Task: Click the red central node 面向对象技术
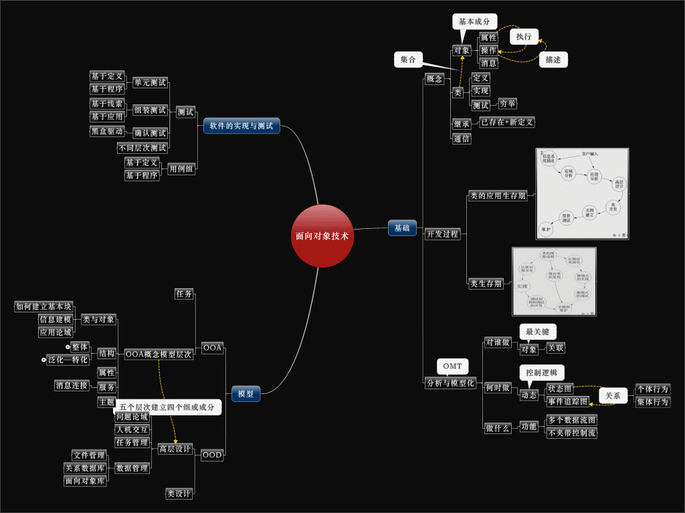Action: [x=322, y=236]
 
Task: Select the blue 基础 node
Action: [x=401, y=228]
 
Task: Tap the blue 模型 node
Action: [x=246, y=394]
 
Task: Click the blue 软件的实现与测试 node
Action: [x=241, y=126]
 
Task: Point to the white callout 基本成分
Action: [x=474, y=21]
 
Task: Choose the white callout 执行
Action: [x=524, y=37]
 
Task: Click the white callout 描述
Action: [x=553, y=60]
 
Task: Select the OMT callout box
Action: [x=452, y=367]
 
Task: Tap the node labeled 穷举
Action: [x=507, y=104]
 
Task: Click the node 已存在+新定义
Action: [x=507, y=122]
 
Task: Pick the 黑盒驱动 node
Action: [x=107, y=131]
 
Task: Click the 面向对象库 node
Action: [x=85, y=480]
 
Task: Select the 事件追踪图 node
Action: [x=567, y=401]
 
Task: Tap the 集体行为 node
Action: [x=652, y=402]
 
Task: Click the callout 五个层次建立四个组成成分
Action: [x=168, y=407]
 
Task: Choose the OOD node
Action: [x=212, y=455]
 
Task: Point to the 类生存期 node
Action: [x=486, y=284]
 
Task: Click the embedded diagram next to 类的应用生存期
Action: [x=582, y=194]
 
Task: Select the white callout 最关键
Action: [x=538, y=332]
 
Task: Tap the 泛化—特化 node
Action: [x=68, y=360]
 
